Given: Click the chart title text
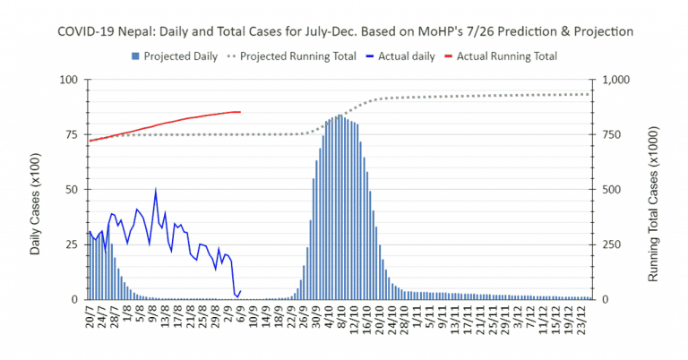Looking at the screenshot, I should tap(345, 31).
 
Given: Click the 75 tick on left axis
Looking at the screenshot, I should tap(70, 134).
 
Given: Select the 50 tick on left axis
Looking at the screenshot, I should tap(70, 190).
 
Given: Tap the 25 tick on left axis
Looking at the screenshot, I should tap(70, 244).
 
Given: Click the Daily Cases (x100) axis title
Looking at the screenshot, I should tap(36, 189).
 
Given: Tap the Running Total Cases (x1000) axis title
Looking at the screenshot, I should tap(654, 189).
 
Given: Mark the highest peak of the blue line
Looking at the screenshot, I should tap(156, 190).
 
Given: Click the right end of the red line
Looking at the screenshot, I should tap(240, 112).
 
